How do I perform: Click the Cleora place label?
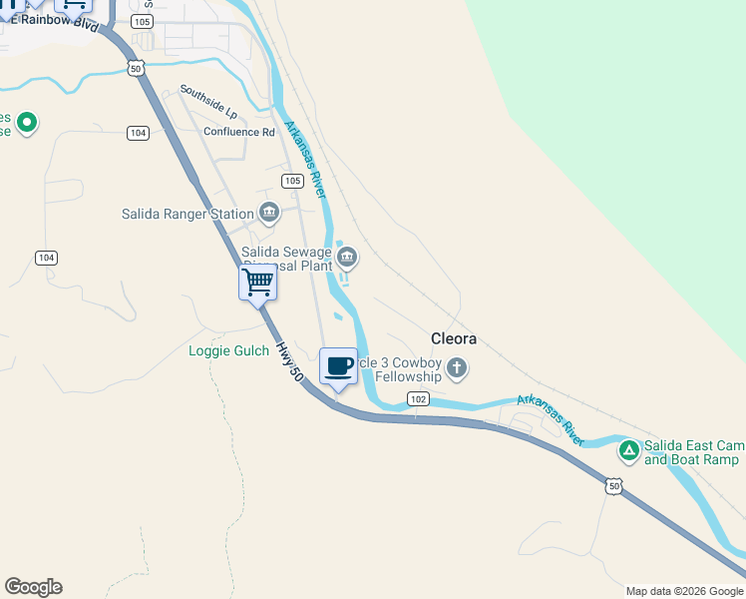pyautogui.click(x=453, y=338)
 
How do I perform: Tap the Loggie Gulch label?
pyautogui.click(x=228, y=350)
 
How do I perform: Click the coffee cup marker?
pyautogui.click(x=338, y=365)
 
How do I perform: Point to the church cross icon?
pyautogui.click(x=457, y=368)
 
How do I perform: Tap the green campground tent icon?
pyautogui.click(x=629, y=451)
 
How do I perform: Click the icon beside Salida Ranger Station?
pyautogui.click(x=269, y=212)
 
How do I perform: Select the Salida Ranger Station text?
pyautogui.click(x=187, y=214)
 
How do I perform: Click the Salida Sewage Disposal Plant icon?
pyautogui.click(x=347, y=259)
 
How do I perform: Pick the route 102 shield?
pyautogui.click(x=418, y=399)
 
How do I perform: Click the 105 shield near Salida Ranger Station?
pyautogui.click(x=292, y=181)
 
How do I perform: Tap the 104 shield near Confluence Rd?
pyautogui.click(x=139, y=133)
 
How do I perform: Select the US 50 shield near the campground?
pyautogui.click(x=613, y=486)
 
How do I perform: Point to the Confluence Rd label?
pyautogui.click(x=238, y=132)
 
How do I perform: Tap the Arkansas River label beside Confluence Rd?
pyautogui.click(x=306, y=158)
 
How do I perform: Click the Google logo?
pyautogui.click(x=33, y=587)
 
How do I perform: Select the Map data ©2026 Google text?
pyautogui.click(x=684, y=591)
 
